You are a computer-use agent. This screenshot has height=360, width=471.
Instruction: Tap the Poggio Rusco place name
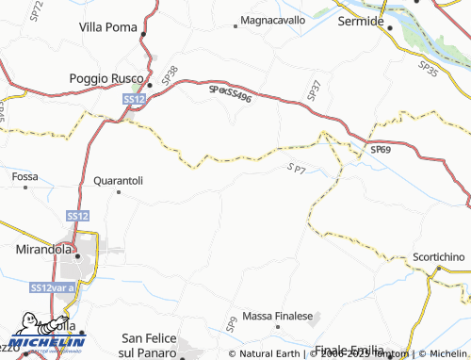106,78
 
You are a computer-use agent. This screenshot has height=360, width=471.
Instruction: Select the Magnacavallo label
273,19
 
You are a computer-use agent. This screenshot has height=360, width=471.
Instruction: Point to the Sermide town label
362,19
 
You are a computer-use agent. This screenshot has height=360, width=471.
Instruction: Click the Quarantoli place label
118,179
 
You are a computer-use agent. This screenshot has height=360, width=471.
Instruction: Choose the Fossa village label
24,176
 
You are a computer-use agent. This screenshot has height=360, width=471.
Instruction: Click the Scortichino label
439,257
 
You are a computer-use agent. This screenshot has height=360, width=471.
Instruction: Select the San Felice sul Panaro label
150,344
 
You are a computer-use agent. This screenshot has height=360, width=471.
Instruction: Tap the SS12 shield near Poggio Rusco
133,99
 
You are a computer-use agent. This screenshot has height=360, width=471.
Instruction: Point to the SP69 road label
380,150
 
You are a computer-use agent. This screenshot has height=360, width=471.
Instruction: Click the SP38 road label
169,72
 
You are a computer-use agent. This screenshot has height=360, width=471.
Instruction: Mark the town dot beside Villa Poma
143,34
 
